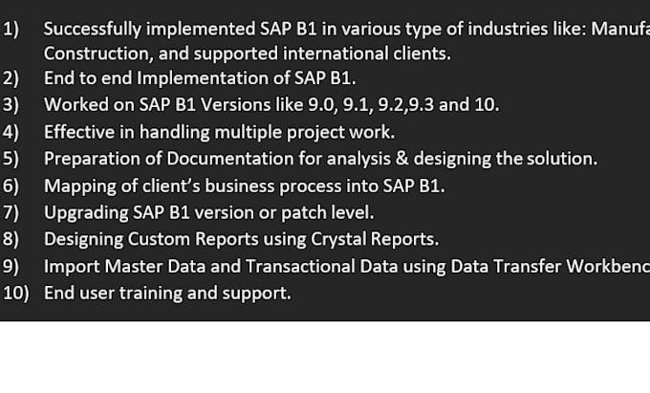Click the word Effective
click(78, 132)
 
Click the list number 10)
click(16, 293)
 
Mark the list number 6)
click(11, 186)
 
